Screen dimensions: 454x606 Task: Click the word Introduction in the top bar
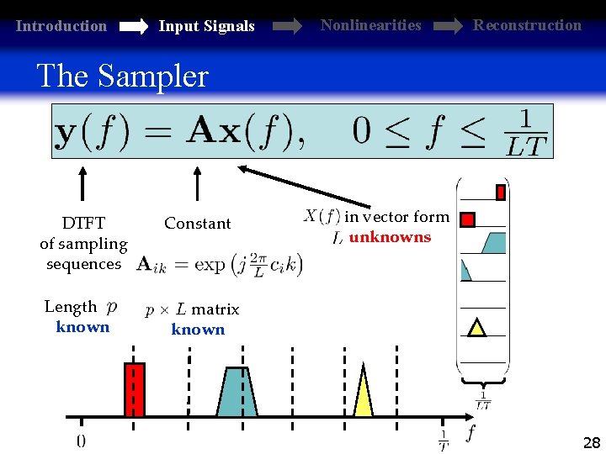pyautogui.click(x=61, y=26)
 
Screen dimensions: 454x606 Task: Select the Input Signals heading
pyautogui.click(x=206, y=26)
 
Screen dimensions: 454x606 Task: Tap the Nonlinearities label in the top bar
pyautogui.click(x=370, y=25)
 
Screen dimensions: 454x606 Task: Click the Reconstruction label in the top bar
pyautogui.click(x=527, y=25)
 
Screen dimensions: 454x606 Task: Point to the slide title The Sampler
pyautogui.click(x=122, y=77)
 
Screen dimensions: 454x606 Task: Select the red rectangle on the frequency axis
pyautogui.click(x=135, y=389)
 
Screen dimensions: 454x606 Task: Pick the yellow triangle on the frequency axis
pyautogui.click(x=363, y=393)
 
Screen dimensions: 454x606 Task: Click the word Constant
pyautogui.click(x=197, y=224)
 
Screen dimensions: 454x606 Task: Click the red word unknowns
pyautogui.click(x=390, y=237)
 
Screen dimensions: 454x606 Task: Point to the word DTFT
pyautogui.click(x=83, y=224)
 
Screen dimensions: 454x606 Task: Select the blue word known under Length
pyautogui.click(x=82, y=327)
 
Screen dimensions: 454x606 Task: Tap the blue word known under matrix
pyautogui.click(x=198, y=330)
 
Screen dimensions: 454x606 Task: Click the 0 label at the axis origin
pyautogui.click(x=81, y=440)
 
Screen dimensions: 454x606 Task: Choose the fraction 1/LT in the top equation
pyautogui.click(x=527, y=133)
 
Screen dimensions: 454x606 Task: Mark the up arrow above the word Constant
pyautogui.click(x=197, y=182)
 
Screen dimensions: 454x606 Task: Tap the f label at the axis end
pyautogui.click(x=470, y=433)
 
